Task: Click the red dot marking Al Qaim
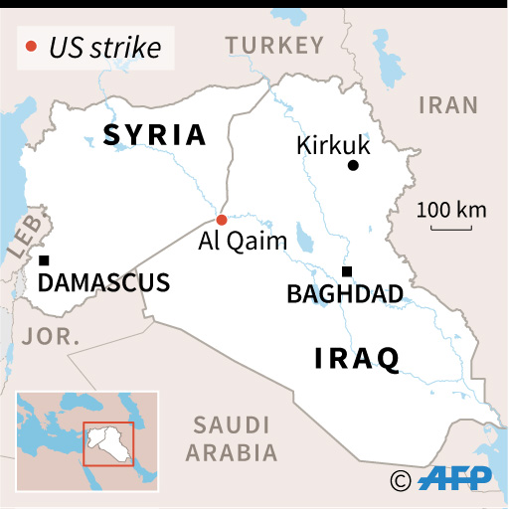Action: click(x=222, y=220)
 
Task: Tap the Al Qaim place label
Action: click(x=243, y=241)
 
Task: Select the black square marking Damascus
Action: click(x=44, y=260)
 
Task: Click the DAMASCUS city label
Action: click(x=103, y=282)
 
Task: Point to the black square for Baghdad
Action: click(x=347, y=271)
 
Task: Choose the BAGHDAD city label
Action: click(x=344, y=293)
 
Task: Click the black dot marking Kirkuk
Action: click(x=352, y=166)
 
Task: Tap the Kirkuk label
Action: click(x=333, y=145)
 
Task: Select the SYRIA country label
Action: click(x=154, y=135)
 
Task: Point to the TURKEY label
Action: click(x=274, y=45)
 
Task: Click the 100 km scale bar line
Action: click(x=451, y=230)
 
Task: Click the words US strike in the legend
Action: click(x=104, y=46)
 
